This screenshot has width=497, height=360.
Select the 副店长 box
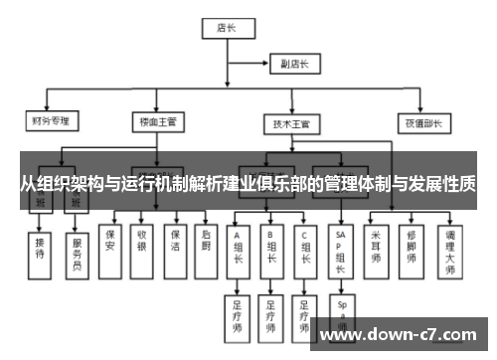pyautogui.click(x=294, y=65)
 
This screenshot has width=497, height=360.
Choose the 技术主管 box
pyautogui.click(x=292, y=124)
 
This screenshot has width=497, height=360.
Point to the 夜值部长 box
pyautogui.click(x=420, y=124)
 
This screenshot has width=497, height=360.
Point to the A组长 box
pyautogui.click(x=239, y=250)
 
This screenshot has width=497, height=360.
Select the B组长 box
pyautogui.click(x=270, y=250)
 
